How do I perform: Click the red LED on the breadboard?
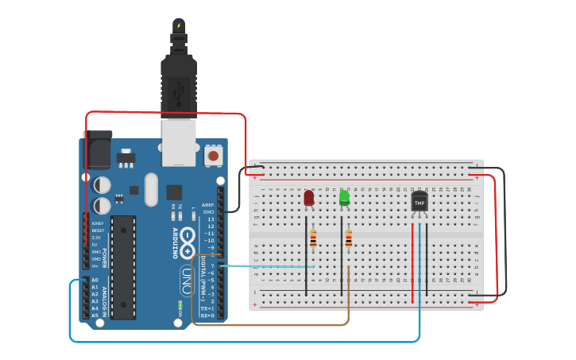[308, 198]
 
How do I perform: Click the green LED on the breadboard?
[344, 197]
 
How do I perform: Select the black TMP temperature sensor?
[419, 203]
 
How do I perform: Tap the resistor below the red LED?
[313, 238]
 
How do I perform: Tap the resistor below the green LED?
[348, 238]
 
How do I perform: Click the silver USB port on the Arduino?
[179, 143]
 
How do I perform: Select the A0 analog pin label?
[95, 281]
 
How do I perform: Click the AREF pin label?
[208, 205]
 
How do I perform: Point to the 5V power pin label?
[95, 245]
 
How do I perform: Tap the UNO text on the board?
[186, 281]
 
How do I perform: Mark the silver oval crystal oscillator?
[151, 189]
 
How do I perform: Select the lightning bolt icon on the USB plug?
[179, 25]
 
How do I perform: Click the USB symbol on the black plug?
[179, 94]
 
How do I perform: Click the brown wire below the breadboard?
[270, 324]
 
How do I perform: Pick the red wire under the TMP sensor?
[412, 262]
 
